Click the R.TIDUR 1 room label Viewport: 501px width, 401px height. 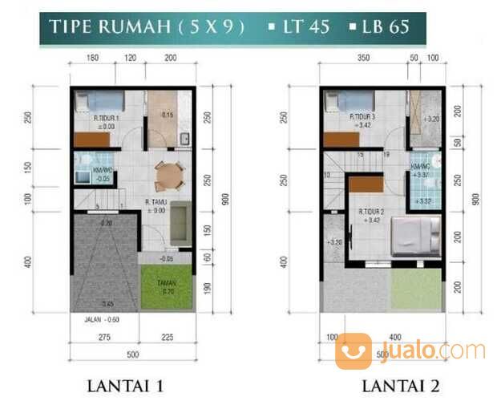(106, 119)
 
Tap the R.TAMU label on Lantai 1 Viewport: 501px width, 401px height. (156, 201)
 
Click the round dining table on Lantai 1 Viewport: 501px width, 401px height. (168, 174)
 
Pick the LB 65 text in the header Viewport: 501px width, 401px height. (385, 26)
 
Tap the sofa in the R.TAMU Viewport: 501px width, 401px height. (181, 225)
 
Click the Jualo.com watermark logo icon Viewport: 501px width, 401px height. (354, 351)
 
